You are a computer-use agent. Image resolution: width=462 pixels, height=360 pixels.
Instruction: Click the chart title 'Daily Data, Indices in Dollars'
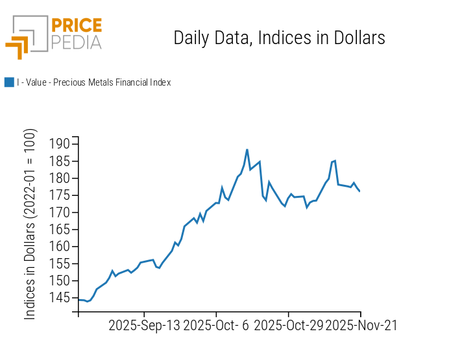tap(279, 38)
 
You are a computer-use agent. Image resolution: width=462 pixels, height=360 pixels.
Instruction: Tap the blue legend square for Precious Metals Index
tap(9, 82)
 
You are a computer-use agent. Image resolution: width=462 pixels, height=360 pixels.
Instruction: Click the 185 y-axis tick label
tap(59, 161)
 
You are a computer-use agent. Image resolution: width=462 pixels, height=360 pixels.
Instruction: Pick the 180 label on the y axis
tap(59, 178)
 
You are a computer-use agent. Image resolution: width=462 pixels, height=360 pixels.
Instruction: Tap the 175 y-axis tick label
tap(59, 195)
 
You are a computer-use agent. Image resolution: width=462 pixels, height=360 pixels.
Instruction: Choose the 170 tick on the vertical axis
tap(59, 212)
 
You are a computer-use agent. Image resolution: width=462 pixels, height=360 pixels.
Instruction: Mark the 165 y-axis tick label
tap(59, 230)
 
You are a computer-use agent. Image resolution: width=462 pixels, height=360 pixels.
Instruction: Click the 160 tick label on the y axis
tap(59, 246)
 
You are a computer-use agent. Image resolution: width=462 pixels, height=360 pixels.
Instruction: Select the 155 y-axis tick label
tap(59, 263)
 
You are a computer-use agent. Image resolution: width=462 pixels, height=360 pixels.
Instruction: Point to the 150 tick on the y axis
tap(59, 281)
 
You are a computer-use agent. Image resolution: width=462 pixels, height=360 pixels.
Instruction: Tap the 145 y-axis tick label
tap(59, 298)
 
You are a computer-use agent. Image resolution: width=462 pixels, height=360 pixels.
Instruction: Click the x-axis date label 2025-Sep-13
tap(144, 326)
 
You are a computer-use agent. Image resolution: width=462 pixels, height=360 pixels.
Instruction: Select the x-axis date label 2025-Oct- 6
tap(216, 326)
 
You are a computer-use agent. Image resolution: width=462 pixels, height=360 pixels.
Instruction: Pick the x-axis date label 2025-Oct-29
tap(288, 326)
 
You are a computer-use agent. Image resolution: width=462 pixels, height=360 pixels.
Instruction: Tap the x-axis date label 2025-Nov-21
tap(361, 326)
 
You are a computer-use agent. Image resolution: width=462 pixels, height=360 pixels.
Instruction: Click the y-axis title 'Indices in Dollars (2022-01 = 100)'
tap(30, 224)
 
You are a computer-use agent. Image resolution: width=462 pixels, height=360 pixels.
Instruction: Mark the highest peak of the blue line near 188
tap(247, 150)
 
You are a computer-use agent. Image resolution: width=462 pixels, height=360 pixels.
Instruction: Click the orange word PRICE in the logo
tap(76, 26)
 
